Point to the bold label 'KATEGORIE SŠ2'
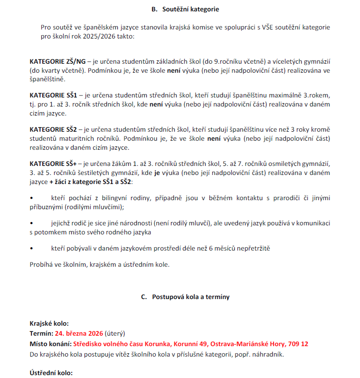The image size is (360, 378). (x=53, y=129)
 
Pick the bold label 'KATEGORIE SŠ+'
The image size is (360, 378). (x=53, y=164)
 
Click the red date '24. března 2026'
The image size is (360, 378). (x=79, y=333)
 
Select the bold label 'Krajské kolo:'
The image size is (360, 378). (x=49, y=323)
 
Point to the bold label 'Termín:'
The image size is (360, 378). (x=41, y=333)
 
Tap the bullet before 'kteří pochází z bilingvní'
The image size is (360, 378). (x=31, y=197)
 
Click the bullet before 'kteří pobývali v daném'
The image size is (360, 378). (x=31, y=248)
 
